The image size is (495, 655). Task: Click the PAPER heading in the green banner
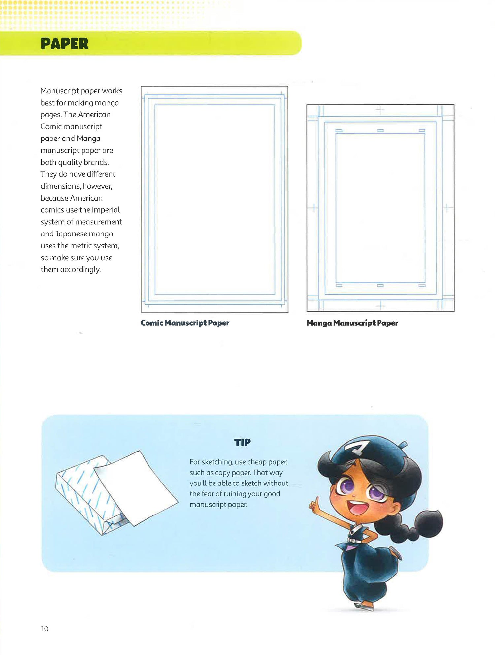point(64,44)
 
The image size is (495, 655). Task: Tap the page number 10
point(45,629)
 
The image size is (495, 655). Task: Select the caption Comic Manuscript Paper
point(185,323)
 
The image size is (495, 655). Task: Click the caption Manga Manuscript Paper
point(352,323)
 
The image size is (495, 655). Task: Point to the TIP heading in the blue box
point(242,442)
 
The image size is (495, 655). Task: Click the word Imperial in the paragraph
point(106,210)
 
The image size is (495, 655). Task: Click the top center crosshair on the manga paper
point(380,110)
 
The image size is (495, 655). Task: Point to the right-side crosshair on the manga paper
point(447,208)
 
